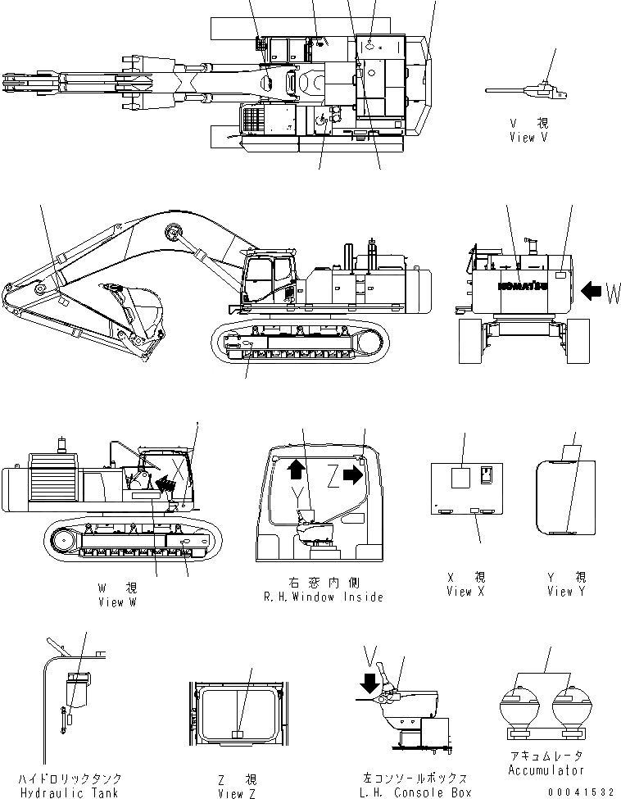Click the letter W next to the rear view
tap(614, 293)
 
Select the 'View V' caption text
tap(528, 138)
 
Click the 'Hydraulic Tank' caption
tap(70, 792)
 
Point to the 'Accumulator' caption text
tap(546, 769)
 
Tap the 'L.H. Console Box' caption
tap(415, 792)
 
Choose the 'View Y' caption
tap(565, 591)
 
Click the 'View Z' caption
tap(230, 792)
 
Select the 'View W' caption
tap(117, 602)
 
